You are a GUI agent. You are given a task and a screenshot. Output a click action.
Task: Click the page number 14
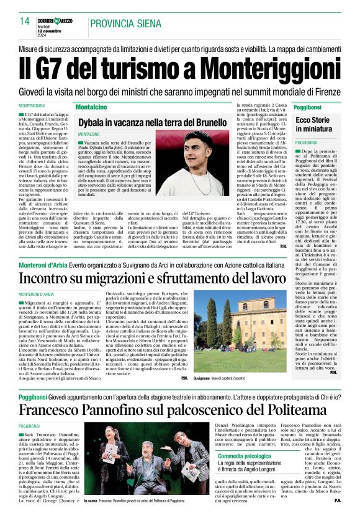pyautogui.click(x=25, y=21)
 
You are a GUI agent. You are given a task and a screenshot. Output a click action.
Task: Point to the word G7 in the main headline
pyautogui.click(x=62, y=65)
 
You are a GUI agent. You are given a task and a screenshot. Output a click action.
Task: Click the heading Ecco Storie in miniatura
pyautogui.click(x=314, y=124)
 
